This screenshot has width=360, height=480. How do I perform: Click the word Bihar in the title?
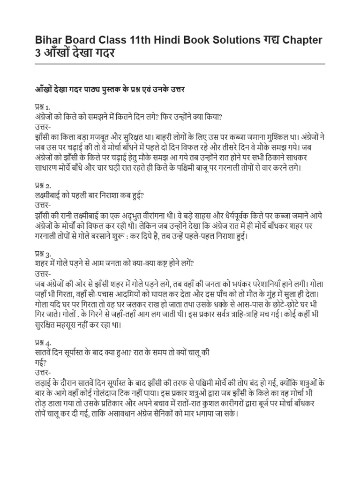tap(49, 40)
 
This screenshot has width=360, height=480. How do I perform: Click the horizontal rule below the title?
tap(180, 64)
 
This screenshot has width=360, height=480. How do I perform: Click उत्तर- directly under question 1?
tap(44, 127)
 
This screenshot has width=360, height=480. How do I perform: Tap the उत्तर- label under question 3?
tap(44, 274)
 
